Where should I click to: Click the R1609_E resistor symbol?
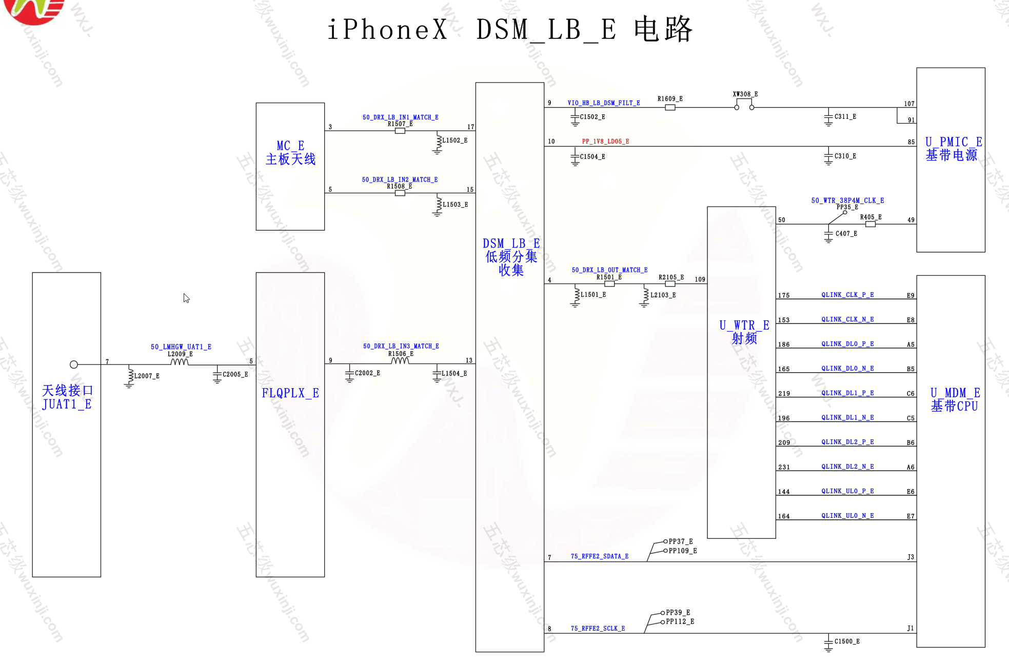(670, 108)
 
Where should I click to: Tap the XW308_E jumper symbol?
(744, 105)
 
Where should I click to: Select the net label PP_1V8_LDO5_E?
(605, 142)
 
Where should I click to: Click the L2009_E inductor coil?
(180, 362)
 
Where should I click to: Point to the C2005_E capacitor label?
(235, 375)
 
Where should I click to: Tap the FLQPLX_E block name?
(290, 393)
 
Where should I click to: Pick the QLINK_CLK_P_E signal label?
(847, 295)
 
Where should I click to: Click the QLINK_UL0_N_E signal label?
(847, 516)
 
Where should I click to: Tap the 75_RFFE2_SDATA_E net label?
(599, 556)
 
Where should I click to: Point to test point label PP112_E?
(680, 622)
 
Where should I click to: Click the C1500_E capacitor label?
(847, 641)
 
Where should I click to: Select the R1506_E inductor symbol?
(400, 361)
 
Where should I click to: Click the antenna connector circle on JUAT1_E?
(74, 365)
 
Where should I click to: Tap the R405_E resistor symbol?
(870, 224)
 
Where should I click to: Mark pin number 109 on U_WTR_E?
(700, 279)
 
